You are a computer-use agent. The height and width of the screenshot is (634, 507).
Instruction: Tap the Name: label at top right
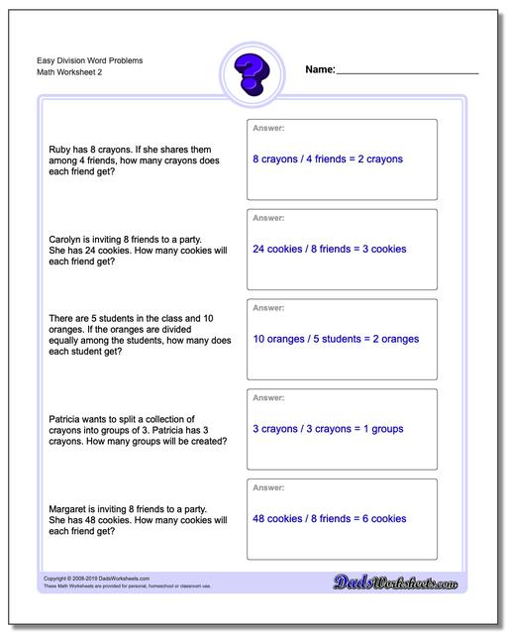tap(321, 70)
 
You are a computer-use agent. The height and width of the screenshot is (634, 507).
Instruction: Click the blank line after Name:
tap(407, 72)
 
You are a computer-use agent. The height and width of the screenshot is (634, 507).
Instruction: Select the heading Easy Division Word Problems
tap(83, 60)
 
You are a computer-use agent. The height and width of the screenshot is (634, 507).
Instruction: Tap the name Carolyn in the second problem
tap(66, 239)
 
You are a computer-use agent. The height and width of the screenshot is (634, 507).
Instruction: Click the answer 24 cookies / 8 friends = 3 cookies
tap(330, 249)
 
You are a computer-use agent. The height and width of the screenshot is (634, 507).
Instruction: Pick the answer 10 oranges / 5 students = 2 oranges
tap(336, 339)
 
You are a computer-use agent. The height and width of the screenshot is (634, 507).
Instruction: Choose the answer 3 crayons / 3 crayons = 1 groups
tap(327, 429)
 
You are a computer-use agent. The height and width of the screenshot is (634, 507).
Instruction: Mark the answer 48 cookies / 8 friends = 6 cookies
tap(330, 518)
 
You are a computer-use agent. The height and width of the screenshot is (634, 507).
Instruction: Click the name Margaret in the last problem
tap(68, 508)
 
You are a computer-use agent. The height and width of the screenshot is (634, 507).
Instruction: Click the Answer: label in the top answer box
tap(268, 128)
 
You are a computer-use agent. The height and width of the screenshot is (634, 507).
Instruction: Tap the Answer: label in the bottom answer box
tap(268, 487)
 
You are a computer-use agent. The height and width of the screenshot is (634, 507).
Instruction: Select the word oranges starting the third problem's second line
tap(66, 329)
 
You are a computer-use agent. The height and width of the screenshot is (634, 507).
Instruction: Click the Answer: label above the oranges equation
tap(268, 307)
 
